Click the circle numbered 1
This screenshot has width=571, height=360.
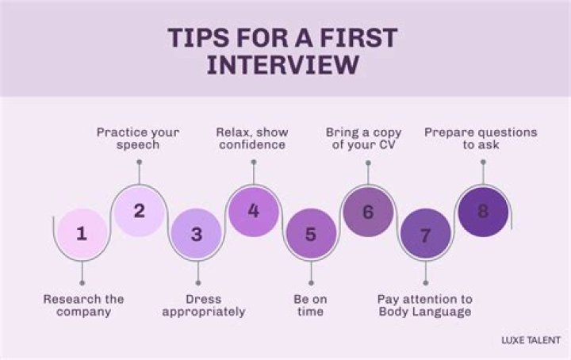[x=82, y=233]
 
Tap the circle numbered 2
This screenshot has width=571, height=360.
[x=139, y=211]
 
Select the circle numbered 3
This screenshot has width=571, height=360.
[x=197, y=234]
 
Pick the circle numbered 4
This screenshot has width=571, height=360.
[x=253, y=211]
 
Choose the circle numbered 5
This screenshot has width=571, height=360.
[x=310, y=234]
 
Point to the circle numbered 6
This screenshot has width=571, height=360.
[x=367, y=212]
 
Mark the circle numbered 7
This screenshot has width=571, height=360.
[x=425, y=236]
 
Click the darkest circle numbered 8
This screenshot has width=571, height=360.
[x=482, y=212]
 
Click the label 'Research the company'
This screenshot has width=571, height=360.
[x=83, y=305]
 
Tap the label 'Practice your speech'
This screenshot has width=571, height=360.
[x=139, y=138]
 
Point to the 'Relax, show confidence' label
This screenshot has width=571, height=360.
[x=252, y=138]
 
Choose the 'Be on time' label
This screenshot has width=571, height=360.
[x=310, y=305]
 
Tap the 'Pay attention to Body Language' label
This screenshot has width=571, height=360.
[x=424, y=305]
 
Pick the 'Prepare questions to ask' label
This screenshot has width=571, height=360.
[x=480, y=138]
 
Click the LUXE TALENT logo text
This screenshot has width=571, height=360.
[x=531, y=340]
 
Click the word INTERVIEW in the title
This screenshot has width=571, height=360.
[x=282, y=65]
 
